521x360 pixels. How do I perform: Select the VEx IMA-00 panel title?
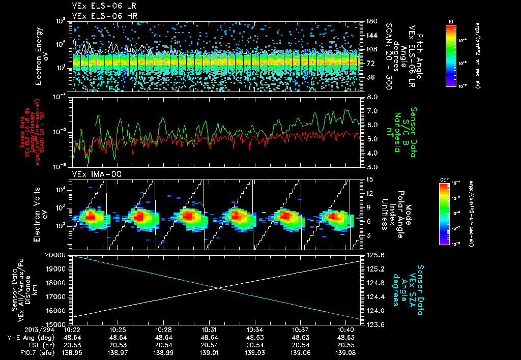click(92, 174)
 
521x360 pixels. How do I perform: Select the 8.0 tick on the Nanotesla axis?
click(372, 97)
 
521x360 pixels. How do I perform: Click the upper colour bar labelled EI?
click(451, 54)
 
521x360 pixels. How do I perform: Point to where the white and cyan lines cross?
click(219, 288)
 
